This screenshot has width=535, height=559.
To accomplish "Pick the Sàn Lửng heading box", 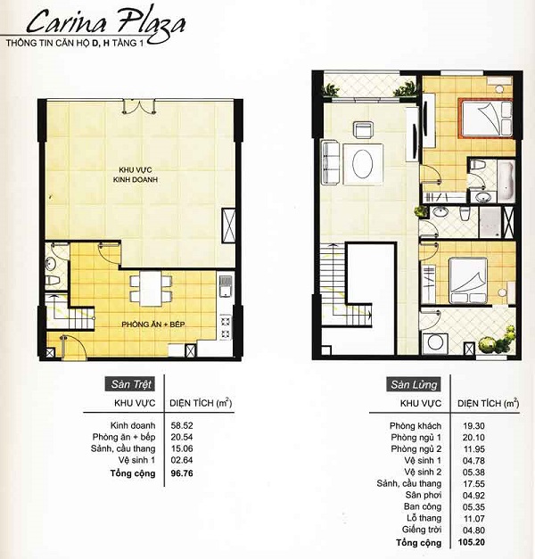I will [x=411, y=385].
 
